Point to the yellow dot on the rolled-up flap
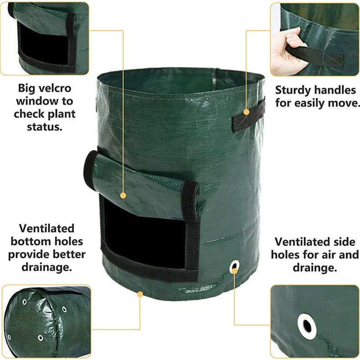(123, 195)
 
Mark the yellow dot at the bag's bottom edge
(139, 294)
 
